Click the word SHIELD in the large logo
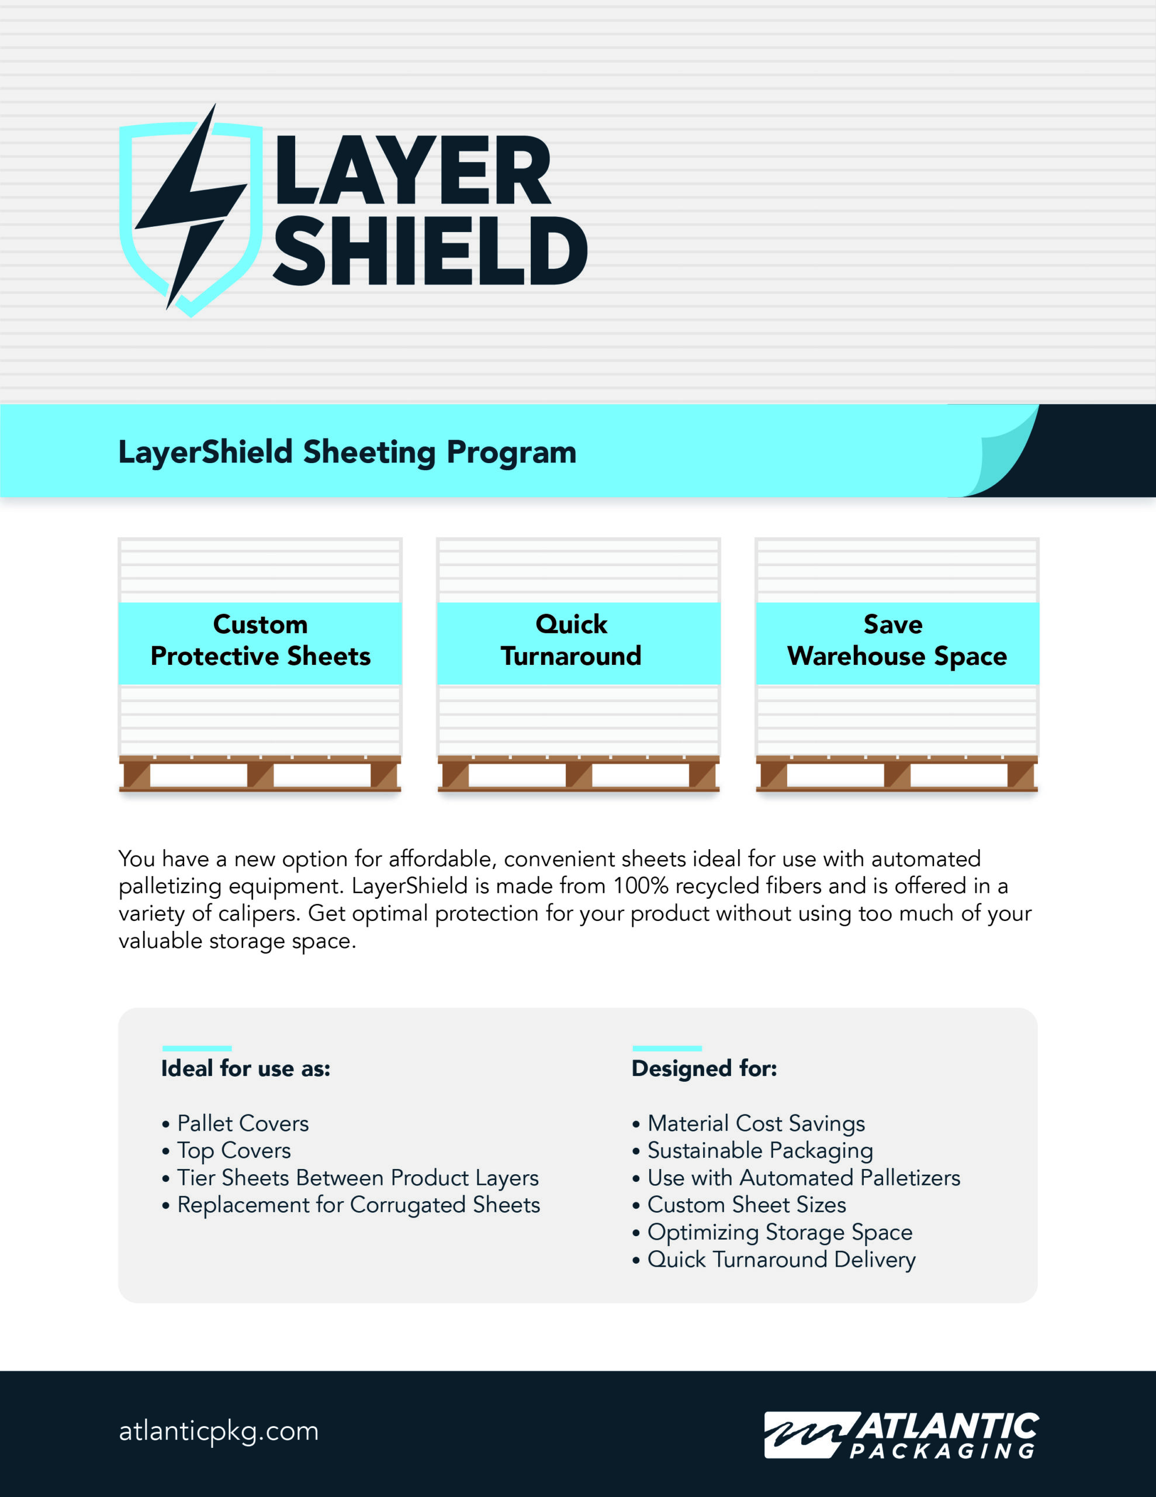(x=430, y=251)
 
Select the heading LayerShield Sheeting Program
(x=347, y=453)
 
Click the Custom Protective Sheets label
(x=261, y=641)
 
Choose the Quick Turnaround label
(x=571, y=641)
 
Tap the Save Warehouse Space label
(x=897, y=641)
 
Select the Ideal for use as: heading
(x=245, y=1068)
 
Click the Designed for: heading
(x=704, y=1068)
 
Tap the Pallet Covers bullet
(x=243, y=1123)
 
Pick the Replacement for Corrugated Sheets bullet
(x=358, y=1205)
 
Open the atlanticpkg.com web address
(x=219, y=1431)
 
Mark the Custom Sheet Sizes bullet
(x=746, y=1205)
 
